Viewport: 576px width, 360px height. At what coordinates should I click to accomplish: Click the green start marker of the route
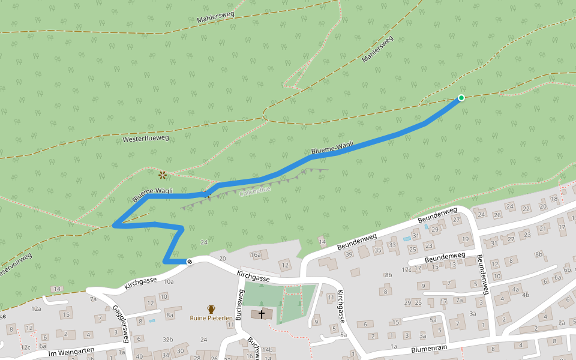[461, 98]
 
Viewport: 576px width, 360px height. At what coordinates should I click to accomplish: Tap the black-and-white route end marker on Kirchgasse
[190, 261]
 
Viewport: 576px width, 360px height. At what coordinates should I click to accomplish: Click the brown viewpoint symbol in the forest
[162, 175]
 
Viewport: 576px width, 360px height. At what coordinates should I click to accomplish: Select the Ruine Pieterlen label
[211, 318]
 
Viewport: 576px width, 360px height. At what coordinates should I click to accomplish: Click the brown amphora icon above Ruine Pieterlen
[211, 309]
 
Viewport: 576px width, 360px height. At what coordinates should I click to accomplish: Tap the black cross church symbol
[262, 314]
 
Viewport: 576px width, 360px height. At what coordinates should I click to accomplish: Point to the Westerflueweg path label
[146, 139]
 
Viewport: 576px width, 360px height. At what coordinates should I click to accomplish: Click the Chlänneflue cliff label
[255, 190]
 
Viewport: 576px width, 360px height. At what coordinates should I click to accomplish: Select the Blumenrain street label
[431, 349]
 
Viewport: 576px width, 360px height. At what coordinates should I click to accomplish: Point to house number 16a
[256, 255]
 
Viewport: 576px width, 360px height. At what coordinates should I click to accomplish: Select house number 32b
[167, 340]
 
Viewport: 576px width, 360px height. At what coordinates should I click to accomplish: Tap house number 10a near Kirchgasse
[169, 281]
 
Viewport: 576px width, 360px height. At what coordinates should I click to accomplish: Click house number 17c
[407, 269]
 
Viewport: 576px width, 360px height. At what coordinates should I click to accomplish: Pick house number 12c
[25, 347]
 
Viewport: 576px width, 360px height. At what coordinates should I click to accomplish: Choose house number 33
[393, 245]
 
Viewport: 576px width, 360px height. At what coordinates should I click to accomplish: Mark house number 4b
[526, 295]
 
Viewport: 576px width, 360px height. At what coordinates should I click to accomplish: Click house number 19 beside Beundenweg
[465, 239]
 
